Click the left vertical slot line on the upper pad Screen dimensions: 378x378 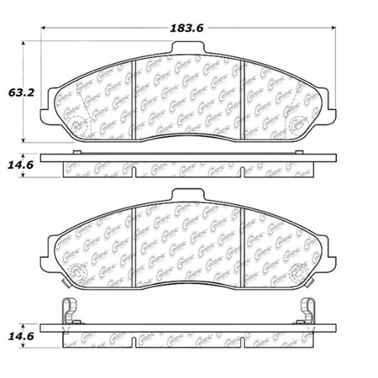135,92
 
